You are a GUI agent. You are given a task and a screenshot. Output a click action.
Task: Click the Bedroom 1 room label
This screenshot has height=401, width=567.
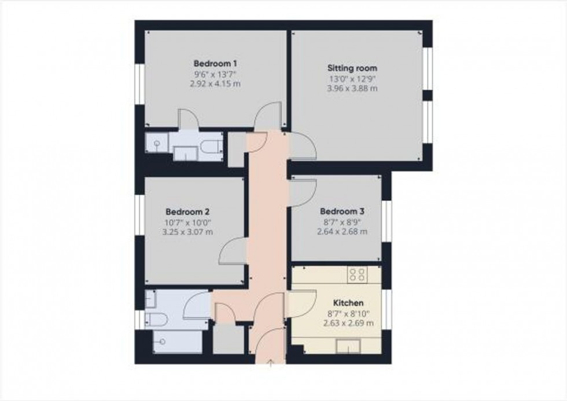tap(216, 63)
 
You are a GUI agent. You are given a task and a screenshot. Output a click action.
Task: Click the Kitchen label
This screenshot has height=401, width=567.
tap(348, 303)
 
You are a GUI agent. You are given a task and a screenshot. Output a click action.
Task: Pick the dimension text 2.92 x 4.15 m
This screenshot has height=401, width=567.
tap(216, 84)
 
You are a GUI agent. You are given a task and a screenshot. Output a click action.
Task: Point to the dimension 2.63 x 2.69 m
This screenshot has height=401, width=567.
tap(348, 323)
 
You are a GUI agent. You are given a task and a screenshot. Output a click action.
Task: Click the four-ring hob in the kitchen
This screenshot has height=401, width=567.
tap(356, 274)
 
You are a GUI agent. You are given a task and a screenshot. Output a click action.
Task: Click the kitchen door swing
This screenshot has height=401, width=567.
tap(301, 304)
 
